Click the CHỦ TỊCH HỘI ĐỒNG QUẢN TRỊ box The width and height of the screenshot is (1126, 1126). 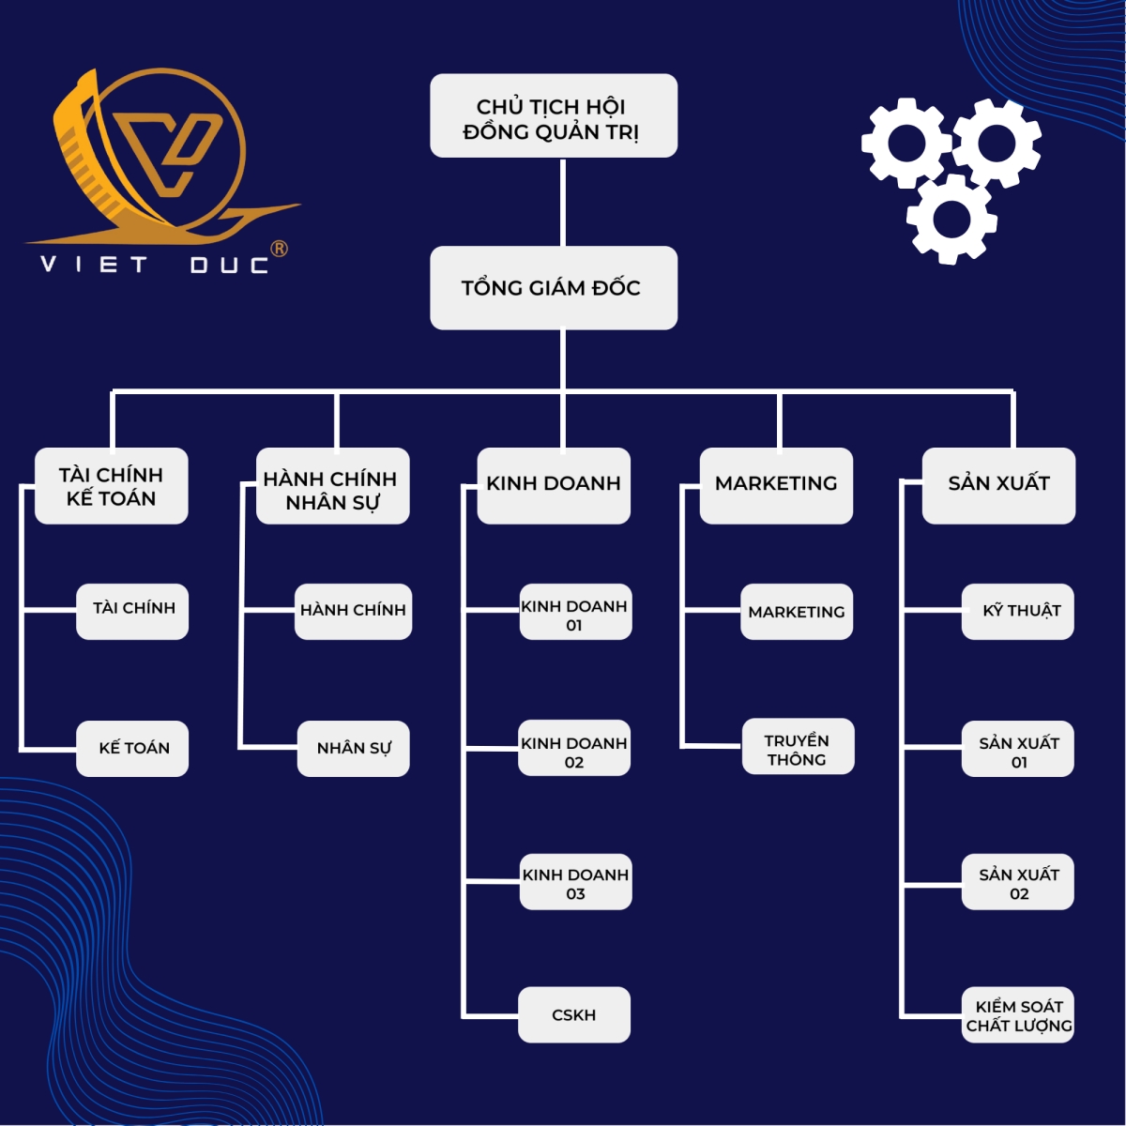554,115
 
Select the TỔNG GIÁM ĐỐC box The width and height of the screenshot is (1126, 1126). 554,287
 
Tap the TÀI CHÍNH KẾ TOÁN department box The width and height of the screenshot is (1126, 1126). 111,486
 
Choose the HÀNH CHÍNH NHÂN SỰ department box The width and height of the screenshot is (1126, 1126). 333,486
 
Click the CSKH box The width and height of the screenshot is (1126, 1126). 574,1014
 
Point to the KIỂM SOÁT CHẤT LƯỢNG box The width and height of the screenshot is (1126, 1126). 1018,1014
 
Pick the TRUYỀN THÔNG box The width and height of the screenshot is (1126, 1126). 798,747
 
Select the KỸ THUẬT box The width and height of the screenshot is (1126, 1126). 1018,612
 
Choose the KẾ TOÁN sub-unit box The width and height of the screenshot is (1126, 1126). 132,748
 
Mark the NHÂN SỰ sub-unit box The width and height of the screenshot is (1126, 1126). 354,748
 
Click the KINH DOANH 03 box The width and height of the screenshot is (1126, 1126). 576,882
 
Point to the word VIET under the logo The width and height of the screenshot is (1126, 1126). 94,265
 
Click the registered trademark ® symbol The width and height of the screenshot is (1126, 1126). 279,249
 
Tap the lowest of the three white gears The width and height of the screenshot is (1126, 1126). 951,220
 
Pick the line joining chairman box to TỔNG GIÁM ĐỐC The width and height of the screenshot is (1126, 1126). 563,202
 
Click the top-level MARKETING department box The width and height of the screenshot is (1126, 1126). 776,485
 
